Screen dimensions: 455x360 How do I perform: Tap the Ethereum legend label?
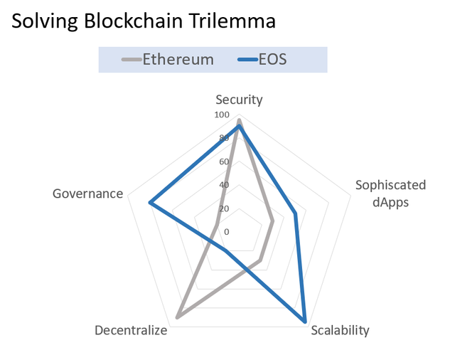point(178,60)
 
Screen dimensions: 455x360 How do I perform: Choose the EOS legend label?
point(272,60)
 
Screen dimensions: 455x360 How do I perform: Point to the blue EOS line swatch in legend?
point(248,60)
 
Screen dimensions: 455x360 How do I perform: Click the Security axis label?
point(239,100)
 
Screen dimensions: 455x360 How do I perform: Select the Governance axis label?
point(88,194)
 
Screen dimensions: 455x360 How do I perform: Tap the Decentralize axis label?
point(131,330)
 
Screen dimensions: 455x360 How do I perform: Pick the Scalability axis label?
point(340,330)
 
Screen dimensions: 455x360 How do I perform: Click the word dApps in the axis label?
point(390,202)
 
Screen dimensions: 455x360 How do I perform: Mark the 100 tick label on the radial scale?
point(222,115)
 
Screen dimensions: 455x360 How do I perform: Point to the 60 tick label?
point(224,162)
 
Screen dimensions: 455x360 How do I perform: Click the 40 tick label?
point(224,185)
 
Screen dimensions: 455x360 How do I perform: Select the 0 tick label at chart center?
point(227,232)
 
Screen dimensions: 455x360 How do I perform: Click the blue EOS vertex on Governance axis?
point(150,203)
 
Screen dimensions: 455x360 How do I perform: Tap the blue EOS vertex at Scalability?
point(304,321)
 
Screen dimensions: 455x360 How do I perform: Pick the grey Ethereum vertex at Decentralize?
point(178,317)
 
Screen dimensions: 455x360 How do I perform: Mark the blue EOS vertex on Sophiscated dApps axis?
point(295,213)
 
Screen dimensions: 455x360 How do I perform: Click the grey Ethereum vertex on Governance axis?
point(216,224)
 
